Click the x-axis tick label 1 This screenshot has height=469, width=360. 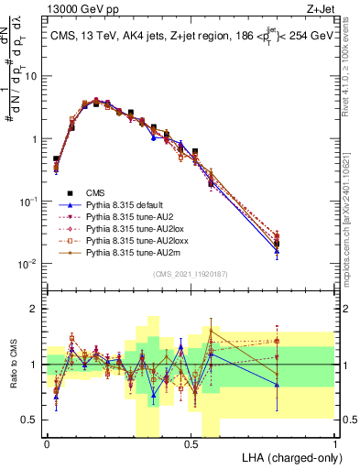(x=334, y=443)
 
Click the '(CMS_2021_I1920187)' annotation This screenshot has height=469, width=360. (x=190, y=274)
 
